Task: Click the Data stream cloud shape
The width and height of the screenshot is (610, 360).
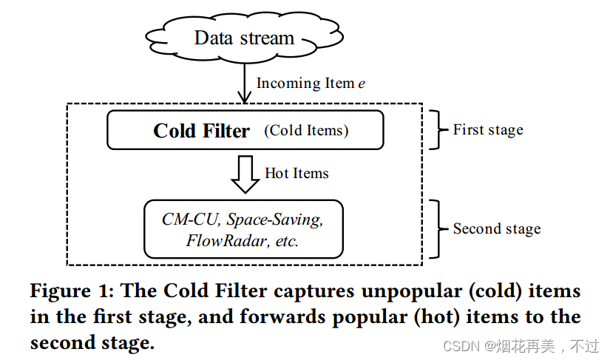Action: click(x=244, y=38)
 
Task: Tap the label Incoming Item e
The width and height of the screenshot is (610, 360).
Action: click(x=311, y=83)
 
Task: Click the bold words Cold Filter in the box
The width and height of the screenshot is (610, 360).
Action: click(x=201, y=131)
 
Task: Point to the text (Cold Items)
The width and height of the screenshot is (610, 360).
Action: click(x=306, y=131)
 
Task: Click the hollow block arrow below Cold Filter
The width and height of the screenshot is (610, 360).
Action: click(x=244, y=174)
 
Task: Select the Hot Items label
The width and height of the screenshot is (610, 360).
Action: click(x=296, y=173)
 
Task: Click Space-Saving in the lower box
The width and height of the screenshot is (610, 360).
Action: click(x=274, y=219)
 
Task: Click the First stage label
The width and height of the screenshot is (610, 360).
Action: click(x=488, y=130)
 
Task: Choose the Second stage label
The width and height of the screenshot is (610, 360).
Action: click(x=497, y=228)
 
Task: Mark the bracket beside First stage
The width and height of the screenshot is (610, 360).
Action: click(x=437, y=130)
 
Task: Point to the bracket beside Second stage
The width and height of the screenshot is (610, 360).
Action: click(x=437, y=228)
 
